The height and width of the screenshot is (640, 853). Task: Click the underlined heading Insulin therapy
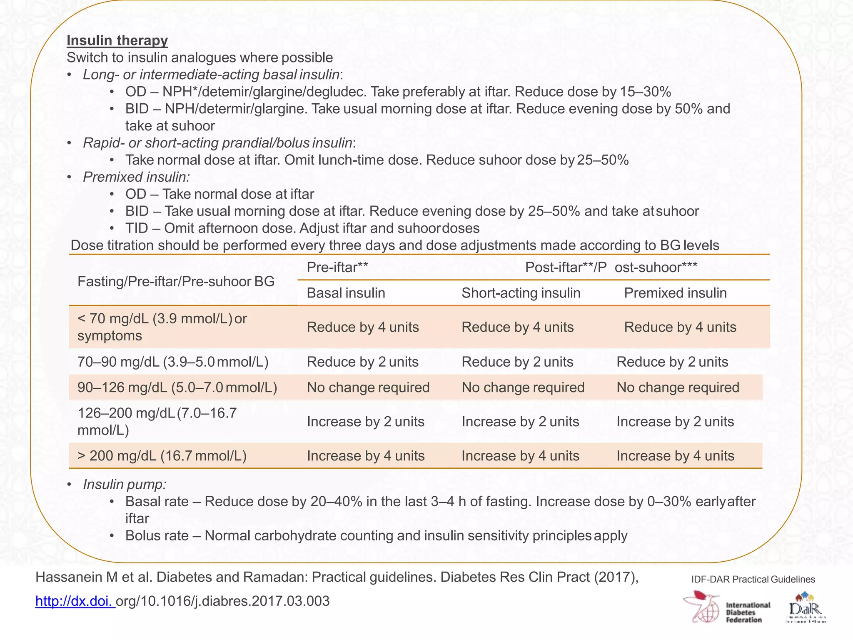[x=117, y=40]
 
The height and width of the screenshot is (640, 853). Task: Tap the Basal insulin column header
[x=346, y=293]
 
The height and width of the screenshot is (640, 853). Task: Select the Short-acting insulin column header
[x=521, y=293]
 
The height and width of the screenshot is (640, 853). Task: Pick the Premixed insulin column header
[x=675, y=293]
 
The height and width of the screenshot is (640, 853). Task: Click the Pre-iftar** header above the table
[x=337, y=267]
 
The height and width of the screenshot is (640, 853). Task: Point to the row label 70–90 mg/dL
[x=173, y=362]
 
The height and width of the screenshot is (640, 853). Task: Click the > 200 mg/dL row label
[x=162, y=455]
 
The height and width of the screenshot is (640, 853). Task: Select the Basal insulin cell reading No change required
[x=368, y=387]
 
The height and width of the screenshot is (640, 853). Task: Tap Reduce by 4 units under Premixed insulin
[x=680, y=327]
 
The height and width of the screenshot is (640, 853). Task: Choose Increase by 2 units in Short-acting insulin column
[x=520, y=422]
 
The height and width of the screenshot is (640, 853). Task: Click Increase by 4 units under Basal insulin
[x=365, y=455]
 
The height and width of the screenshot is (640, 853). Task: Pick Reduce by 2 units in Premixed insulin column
[x=672, y=362]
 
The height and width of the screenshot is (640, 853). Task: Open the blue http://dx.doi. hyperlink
[x=75, y=601]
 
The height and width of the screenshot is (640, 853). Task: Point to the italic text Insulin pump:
[x=125, y=484]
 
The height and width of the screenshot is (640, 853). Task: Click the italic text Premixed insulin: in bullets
[x=136, y=177]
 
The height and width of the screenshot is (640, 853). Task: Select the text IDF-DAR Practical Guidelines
[x=753, y=579]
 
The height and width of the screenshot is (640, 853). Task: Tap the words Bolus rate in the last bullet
[x=157, y=535]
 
